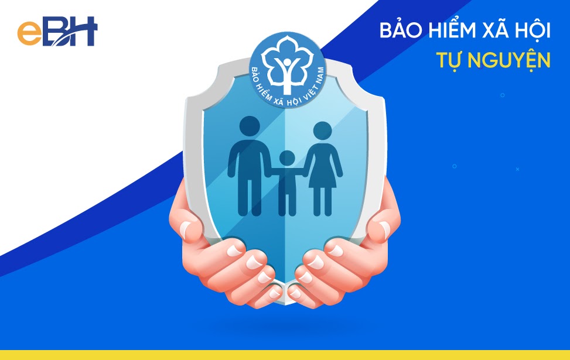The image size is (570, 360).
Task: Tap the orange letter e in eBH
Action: [30, 33]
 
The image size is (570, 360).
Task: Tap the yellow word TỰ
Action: [450, 60]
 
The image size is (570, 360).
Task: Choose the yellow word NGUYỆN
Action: [509, 60]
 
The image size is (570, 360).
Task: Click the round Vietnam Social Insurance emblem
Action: [288, 70]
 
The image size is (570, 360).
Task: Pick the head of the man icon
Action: [250, 126]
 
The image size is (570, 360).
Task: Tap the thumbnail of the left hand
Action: [185, 229]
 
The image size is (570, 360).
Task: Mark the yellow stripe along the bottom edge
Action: [285, 355]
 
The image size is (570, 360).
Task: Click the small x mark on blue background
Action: [517, 169]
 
